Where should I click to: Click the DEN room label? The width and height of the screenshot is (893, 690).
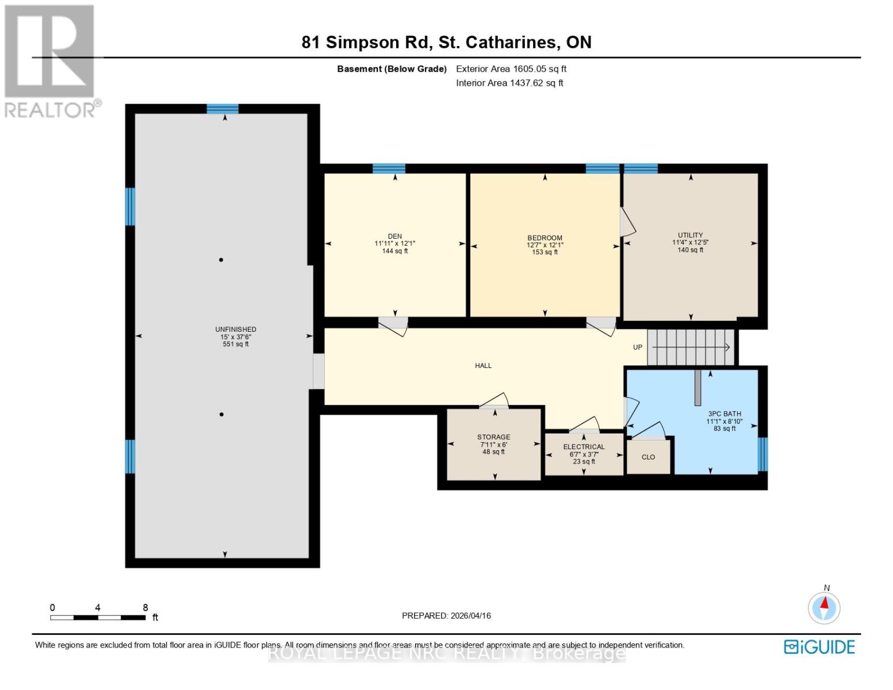tap(394, 236)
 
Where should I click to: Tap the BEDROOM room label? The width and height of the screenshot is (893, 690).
tap(545, 238)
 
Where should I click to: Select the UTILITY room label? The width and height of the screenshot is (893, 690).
tap(690, 235)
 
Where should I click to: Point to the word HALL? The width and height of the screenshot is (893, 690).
tap(483, 366)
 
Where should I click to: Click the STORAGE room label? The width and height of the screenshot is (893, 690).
tap(493, 437)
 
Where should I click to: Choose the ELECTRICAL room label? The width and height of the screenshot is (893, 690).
tap(584, 447)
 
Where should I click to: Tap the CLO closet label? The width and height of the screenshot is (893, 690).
tap(648, 457)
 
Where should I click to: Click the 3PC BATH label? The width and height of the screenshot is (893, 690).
tap(724, 414)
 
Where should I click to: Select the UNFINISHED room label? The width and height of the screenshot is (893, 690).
tap(236, 329)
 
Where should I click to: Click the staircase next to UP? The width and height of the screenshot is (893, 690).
tap(691, 347)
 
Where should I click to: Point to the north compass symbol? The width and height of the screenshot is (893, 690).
tap(824, 607)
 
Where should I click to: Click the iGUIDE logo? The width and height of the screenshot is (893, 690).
tap(819, 647)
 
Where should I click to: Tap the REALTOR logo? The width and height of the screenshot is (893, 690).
tap(51, 60)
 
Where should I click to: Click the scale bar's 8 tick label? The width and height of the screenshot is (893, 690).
tap(145, 607)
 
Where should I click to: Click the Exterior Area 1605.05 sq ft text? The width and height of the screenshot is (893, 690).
tap(511, 69)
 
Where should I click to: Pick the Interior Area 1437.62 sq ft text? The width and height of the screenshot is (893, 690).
tap(509, 83)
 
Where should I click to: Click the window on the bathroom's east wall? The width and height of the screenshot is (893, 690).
tap(762, 454)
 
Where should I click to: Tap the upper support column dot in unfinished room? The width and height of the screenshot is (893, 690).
tap(221, 260)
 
